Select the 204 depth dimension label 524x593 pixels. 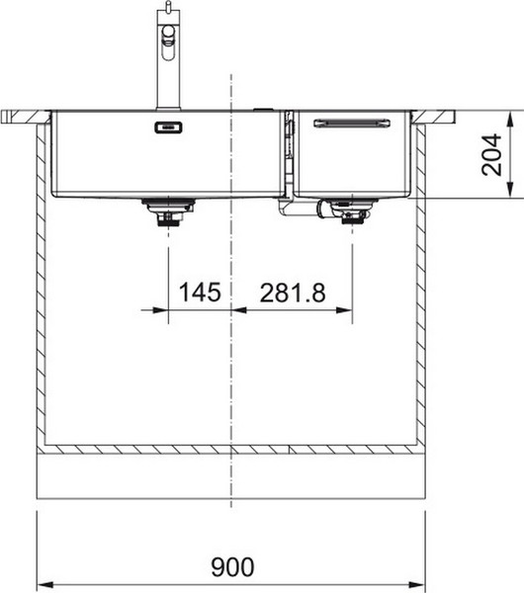point(493,154)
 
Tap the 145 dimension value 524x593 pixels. point(199,294)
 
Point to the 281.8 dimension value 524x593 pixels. point(293,294)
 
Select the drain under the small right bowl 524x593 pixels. point(351,212)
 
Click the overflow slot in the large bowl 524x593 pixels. point(166,127)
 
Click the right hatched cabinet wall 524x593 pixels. point(421,287)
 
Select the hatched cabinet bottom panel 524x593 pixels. point(231,450)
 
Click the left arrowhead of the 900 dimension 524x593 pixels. point(42,582)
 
